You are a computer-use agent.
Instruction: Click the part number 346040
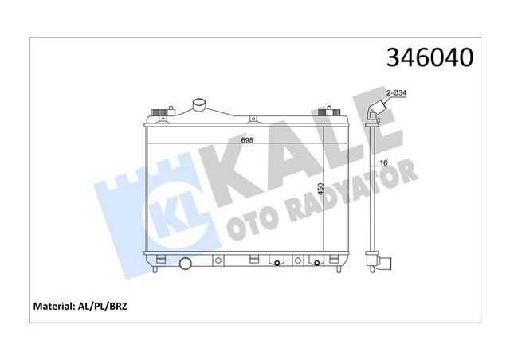tap(430, 58)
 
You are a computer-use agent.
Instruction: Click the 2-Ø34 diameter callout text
tap(398, 93)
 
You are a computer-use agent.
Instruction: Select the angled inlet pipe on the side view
tap(376, 112)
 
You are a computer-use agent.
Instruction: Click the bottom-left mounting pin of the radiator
tap(152, 271)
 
